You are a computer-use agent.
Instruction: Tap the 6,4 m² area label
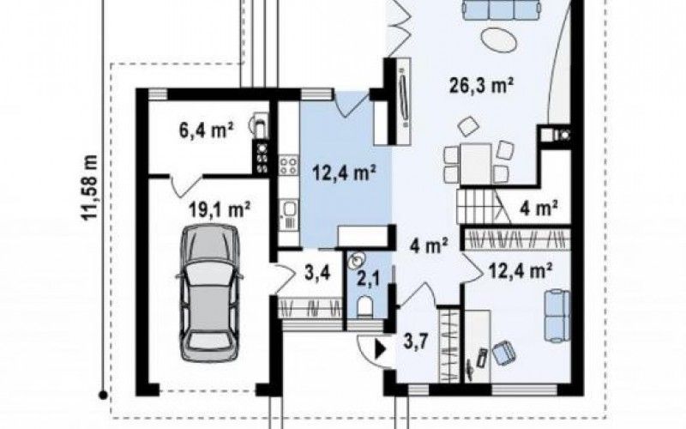[x=206, y=130]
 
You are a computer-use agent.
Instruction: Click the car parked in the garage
[x=209, y=293]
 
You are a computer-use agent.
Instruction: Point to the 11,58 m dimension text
[x=91, y=188]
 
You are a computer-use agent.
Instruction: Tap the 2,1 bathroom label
[x=367, y=279]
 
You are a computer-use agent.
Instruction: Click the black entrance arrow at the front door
[x=380, y=350]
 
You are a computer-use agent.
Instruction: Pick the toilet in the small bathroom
[x=364, y=306]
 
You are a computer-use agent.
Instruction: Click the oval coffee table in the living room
[x=499, y=40]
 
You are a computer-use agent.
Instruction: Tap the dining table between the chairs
[x=476, y=163]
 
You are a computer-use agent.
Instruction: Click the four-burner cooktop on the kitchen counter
[x=288, y=166]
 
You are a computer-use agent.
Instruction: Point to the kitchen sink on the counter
[x=290, y=209]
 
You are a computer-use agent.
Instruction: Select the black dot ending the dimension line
[x=103, y=396]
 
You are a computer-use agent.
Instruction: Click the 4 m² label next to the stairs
[x=539, y=207]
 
